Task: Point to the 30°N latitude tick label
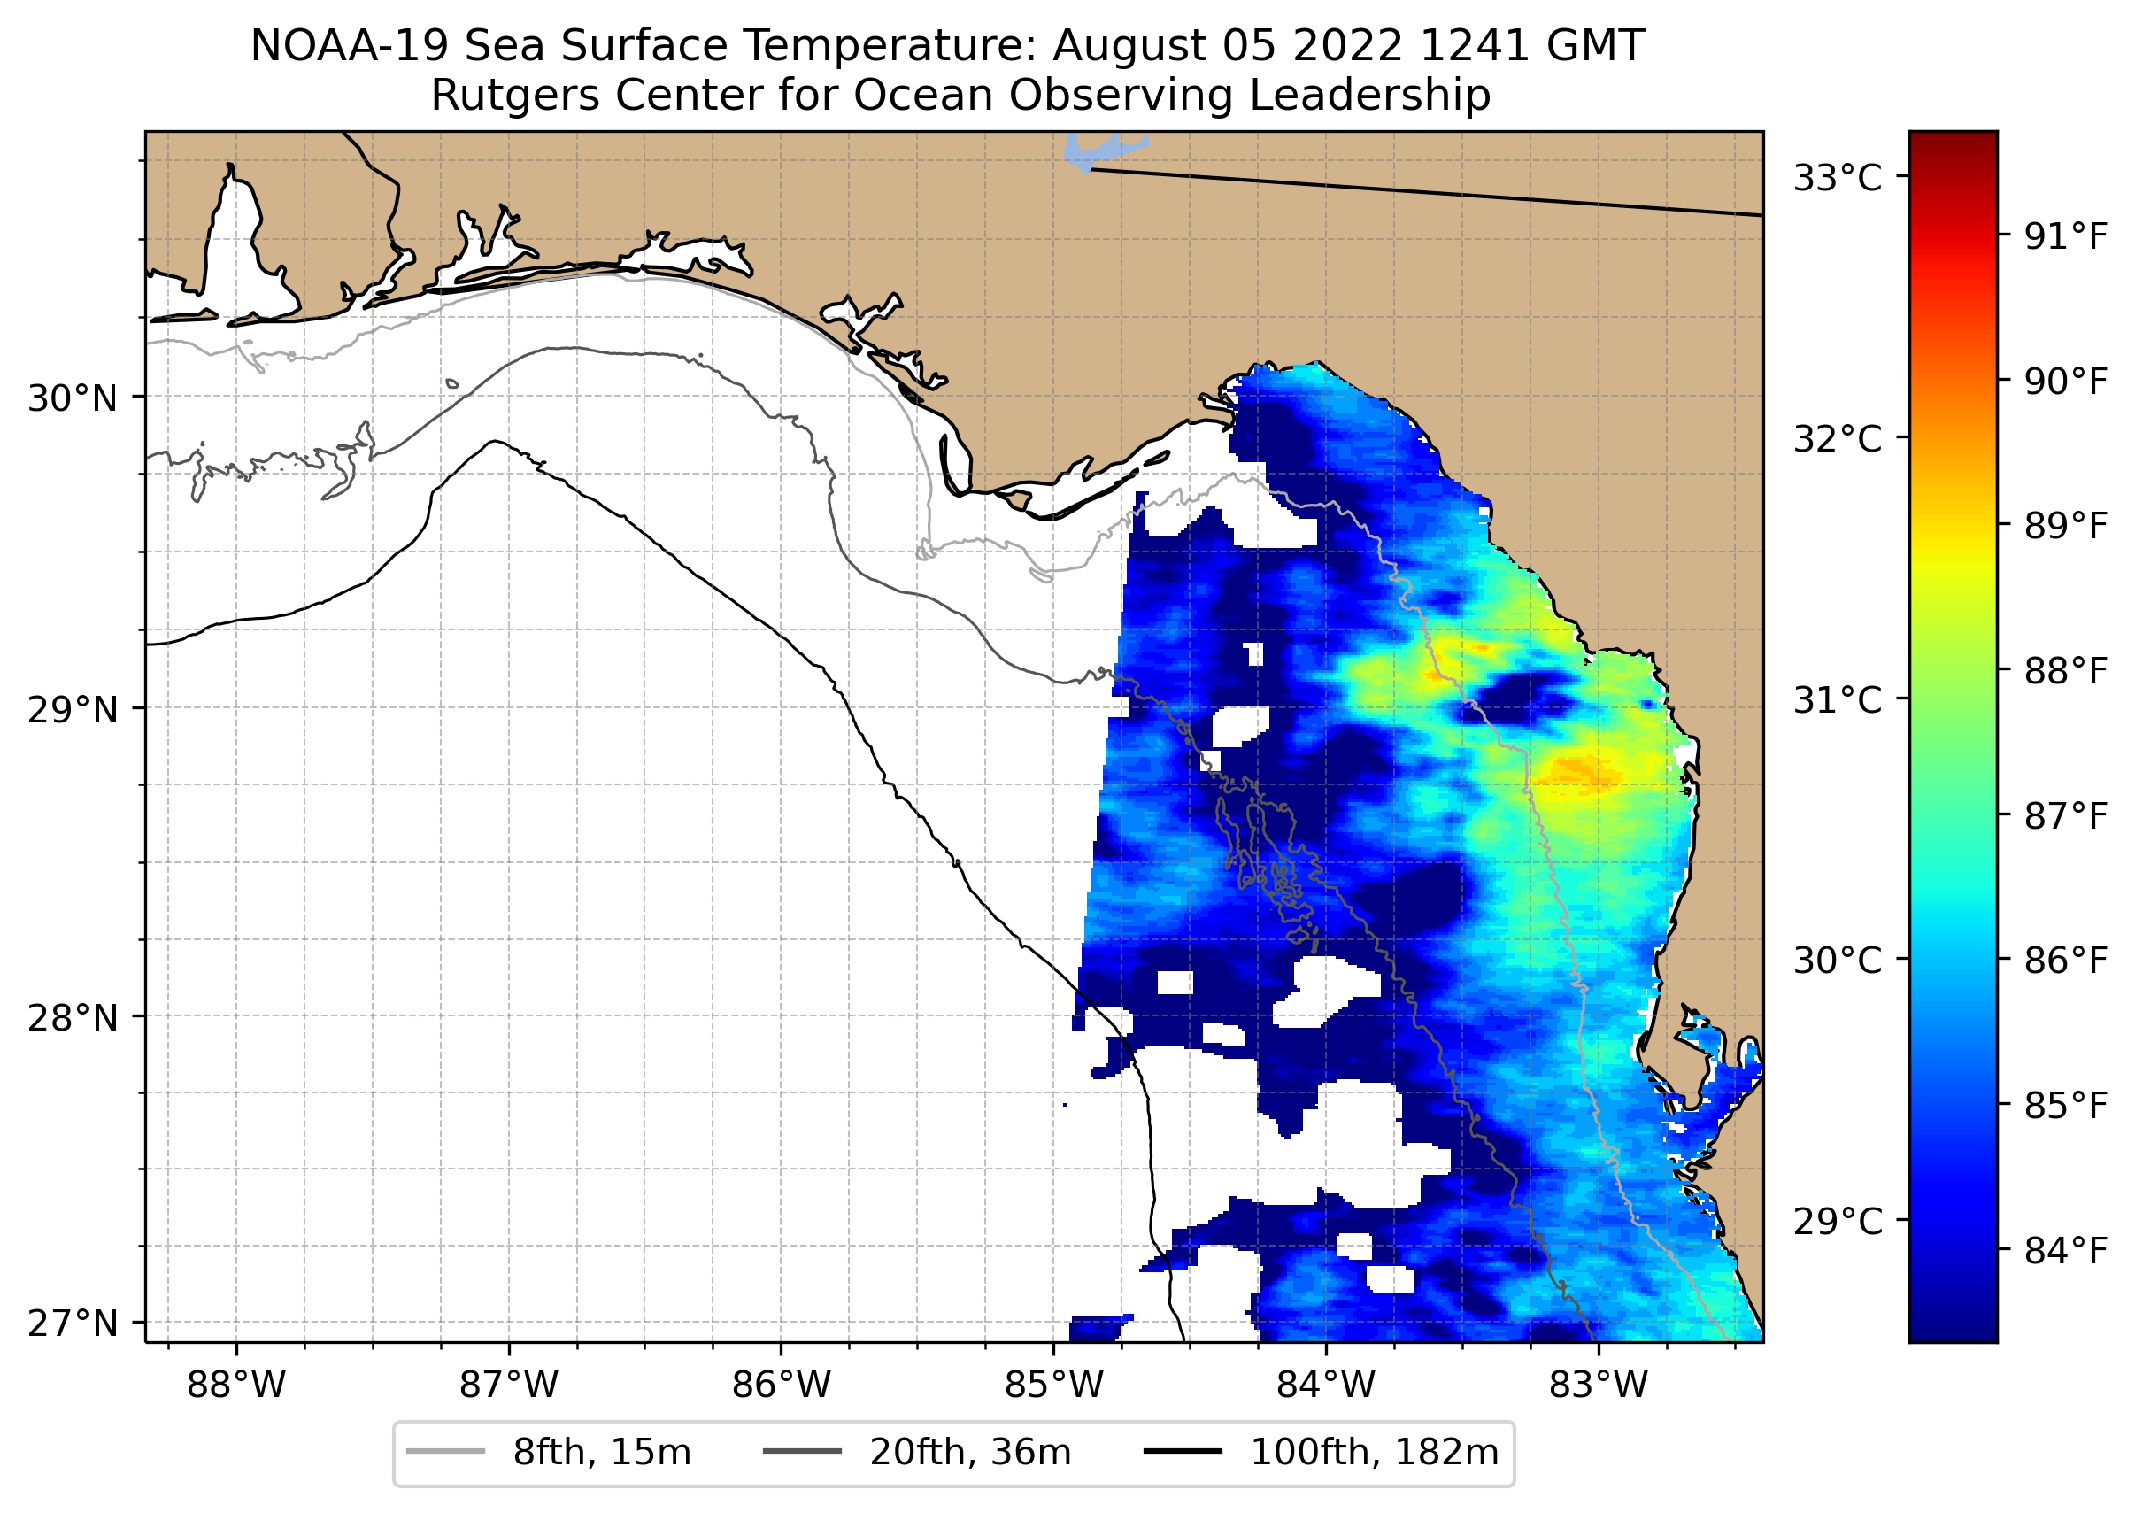(73, 398)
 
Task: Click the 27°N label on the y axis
(73, 1323)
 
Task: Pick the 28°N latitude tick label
(73, 1018)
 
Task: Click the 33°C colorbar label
(1838, 177)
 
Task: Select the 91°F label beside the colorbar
(2065, 236)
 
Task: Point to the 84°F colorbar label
(2065, 1250)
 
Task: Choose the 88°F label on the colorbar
(2065, 670)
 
